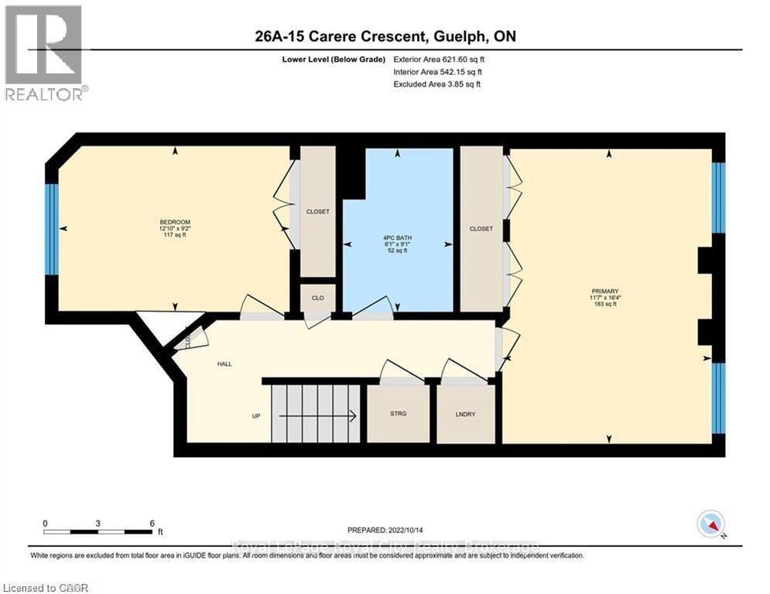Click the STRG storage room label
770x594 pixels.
(x=398, y=414)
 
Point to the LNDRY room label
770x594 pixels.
(x=465, y=414)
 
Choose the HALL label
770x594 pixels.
(x=224, y=364)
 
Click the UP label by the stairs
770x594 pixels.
(x=255, y=416)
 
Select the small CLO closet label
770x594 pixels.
(x=317, y=297)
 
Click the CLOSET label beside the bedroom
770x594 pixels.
(x=318, y=210)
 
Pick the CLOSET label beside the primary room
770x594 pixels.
(x=481, y=229)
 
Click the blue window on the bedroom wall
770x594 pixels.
(x=52, y=229)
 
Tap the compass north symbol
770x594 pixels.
(x=711, y=525)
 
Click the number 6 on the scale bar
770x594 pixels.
(x=152, y=523)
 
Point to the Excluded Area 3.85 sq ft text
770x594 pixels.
(x=437, y=84)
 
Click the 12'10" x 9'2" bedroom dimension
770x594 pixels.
(x=173, y=229)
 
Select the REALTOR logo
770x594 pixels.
(x=45, y=53)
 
